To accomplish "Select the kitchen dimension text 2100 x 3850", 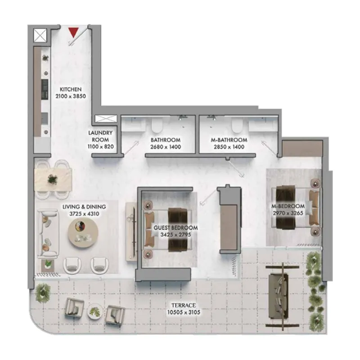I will [x=70, y=96].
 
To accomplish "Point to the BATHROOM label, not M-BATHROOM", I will [x=166, y=140].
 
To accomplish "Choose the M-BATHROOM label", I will [x=229, y=140].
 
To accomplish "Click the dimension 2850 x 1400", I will [x=229, y=147].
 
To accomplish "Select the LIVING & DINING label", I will [x=84, y=207].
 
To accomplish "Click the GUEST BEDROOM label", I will [x=175, y=228].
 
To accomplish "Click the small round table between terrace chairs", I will [x=95, y=310].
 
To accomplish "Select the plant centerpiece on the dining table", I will [x=53, y=179].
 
